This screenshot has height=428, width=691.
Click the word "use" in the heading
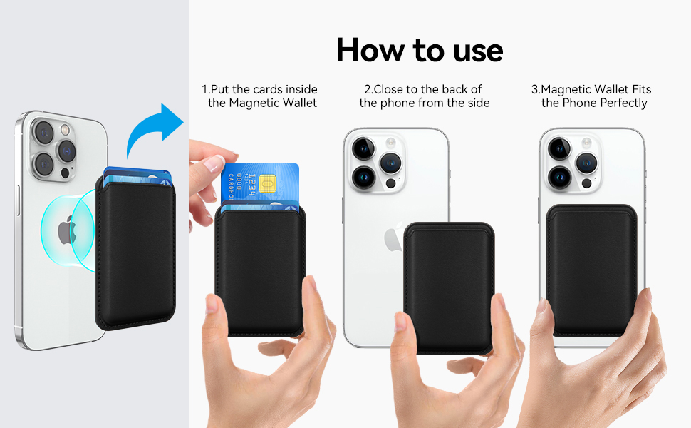click(478, 51)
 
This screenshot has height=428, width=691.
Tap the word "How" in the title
click(370, 50)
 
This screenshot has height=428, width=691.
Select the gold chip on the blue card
click(267, 183)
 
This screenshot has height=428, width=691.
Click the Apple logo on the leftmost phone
click(67, 230)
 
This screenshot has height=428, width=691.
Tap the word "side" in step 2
click(478, 103)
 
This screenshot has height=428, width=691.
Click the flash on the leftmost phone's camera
click(66, 130)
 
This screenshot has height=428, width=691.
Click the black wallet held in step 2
click(449, 287)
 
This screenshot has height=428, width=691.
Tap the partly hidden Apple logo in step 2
click(393, 237)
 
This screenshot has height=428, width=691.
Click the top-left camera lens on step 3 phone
click(559, 148)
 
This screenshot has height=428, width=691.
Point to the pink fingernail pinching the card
click(214, 163)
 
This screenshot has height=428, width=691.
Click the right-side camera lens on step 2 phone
click(391, 163)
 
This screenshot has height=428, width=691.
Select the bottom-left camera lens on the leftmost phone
click(43, 165)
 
